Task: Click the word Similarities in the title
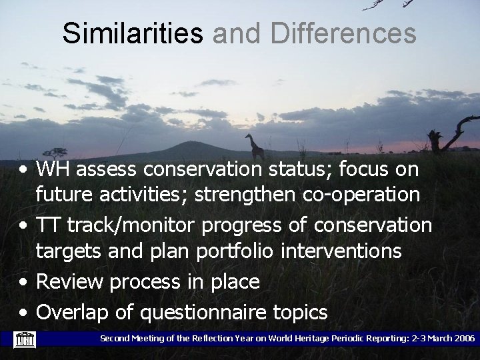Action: pos(133,33)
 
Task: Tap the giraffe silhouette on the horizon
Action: pos(253,146)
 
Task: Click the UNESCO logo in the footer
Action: pos(25,340)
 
